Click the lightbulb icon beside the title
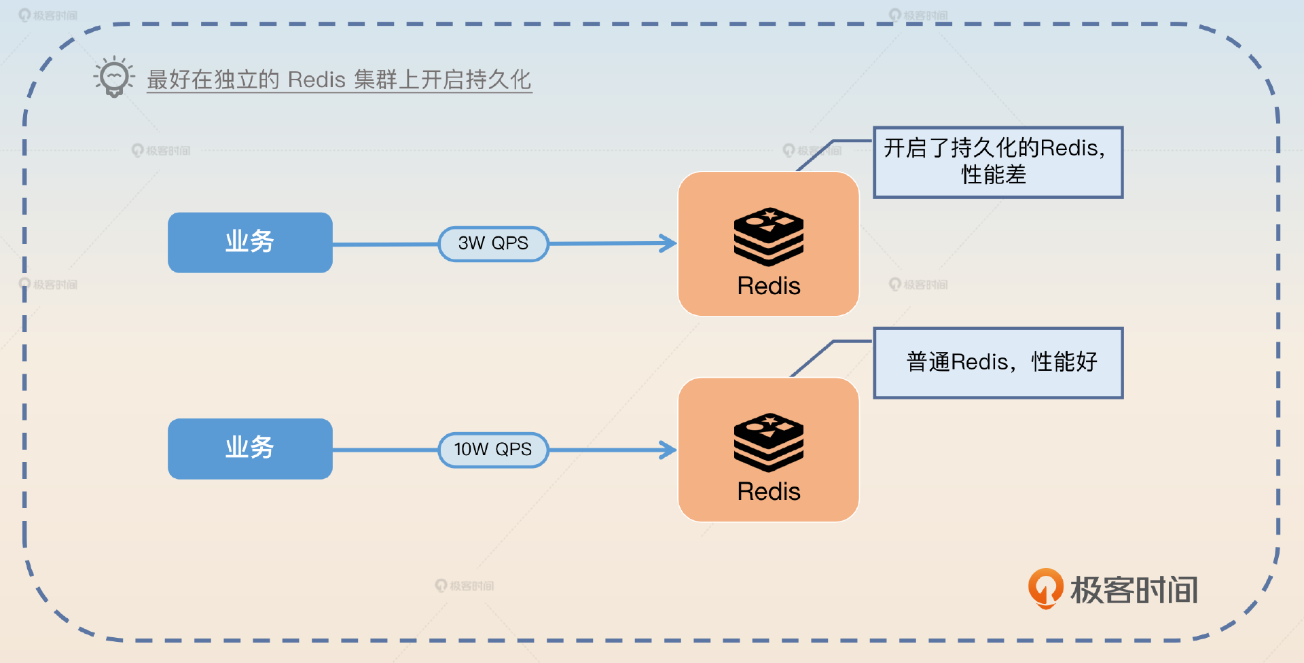[x=113, y=77]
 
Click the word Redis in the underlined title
[x=316, y=80]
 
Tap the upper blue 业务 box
[x=250, y=243]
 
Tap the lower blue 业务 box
[x=250, y=448]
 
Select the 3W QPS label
[x=493, y=243]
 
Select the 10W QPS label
[x=493, y=449]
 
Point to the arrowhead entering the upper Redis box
[x=668, y=243]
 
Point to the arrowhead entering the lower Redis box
[x=668, y=449]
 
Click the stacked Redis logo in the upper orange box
[x=769, y=236]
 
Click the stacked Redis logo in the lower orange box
[x=769, y=442]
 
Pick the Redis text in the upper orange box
[x=769, y=286]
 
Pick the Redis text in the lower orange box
[x=769, y=492]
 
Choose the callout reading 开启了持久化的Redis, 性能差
[x=998, y=162]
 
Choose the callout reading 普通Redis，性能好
[x=998, y=363]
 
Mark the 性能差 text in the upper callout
[x=994, y=175]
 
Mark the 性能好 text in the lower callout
[x=1064, y=362]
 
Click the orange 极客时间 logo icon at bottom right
[x=1045, y=588]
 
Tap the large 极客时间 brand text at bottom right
[x=1134, y=590]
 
